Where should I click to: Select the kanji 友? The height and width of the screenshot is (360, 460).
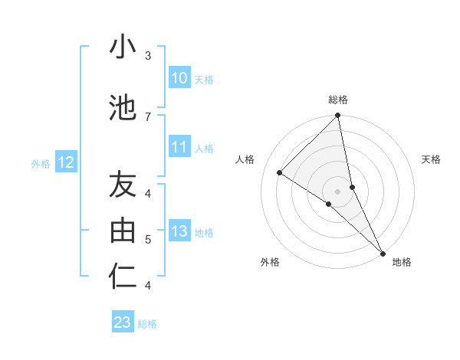pyautogui.click(x=123, y=185)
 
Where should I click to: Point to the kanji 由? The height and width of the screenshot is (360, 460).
pyautogui.click(x=123, y=231)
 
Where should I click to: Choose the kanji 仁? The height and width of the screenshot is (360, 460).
pyautogui.click(x=123, y=277)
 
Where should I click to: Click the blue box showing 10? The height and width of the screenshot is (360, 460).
pyautogui.click(x=179, y=78)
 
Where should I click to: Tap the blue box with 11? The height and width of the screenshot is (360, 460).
pyautogui.click(x=179, y=148)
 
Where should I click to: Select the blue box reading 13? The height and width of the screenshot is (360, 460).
pyautogui.click(x=179, y=232)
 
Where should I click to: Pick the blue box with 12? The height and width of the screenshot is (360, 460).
pyautogui.click(x=65, y=162)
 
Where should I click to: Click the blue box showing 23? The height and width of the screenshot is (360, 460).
pyautogui.click(x=123, y=322)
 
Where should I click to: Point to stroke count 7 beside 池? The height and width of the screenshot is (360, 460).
pyautogui.click(x=148, y=116)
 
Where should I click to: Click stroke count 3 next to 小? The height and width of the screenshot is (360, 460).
pyautogui.click(x=148, y=56)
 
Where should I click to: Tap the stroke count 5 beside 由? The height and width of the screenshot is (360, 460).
pyautogui.click(x=148, y=240)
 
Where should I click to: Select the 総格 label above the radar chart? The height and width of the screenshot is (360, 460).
pyautogui.click(x=338, y=100)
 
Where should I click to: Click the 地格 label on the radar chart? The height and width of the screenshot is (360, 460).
pyautogui.click(x=402, y=262)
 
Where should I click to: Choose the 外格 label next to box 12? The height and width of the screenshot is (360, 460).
pyautogui.click(x=41, y=163)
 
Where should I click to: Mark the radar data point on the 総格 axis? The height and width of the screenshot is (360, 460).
pyautogui.click(x=338, y=116)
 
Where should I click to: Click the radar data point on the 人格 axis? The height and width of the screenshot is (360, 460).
pyautogui.click(x=280, y=172)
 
